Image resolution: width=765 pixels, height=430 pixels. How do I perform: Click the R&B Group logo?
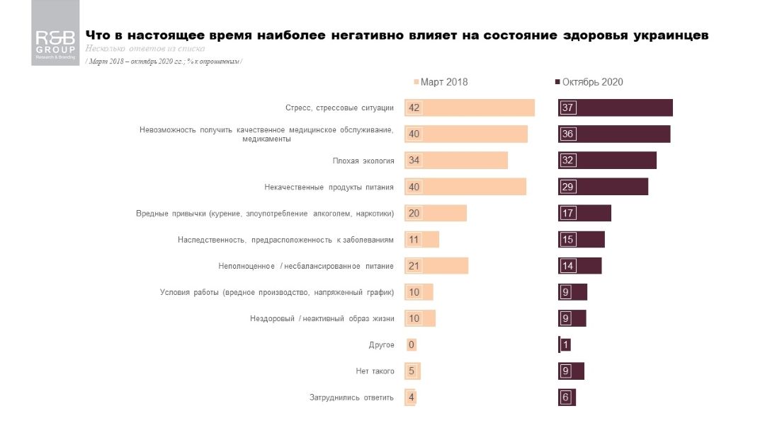(55, 42)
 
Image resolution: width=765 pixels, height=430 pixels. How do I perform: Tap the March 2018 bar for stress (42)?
(469, 107)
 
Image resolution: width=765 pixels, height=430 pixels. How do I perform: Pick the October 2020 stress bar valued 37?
(615, 107)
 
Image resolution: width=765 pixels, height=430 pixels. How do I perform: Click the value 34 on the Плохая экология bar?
(414, 161)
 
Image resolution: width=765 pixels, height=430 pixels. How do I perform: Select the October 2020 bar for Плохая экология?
(607, 161)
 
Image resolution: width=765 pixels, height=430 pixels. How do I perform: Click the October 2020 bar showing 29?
(603, 187)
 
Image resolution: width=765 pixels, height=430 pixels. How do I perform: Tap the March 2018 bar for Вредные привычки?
(435, 213)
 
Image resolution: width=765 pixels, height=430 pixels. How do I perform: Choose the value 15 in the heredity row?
(567, 240)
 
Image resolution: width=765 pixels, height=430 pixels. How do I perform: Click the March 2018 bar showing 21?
(436, 266)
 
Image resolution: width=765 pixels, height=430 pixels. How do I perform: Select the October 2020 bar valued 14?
(579, 266)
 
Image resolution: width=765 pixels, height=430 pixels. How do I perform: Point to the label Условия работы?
(277, 292)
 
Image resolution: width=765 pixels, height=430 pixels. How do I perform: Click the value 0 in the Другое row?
(412, 345)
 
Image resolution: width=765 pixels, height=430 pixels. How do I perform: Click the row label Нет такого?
(375, 371)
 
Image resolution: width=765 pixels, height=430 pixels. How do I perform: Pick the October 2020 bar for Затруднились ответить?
(567, 397)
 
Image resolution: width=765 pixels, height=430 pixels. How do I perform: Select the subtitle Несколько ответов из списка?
(144, 49)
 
